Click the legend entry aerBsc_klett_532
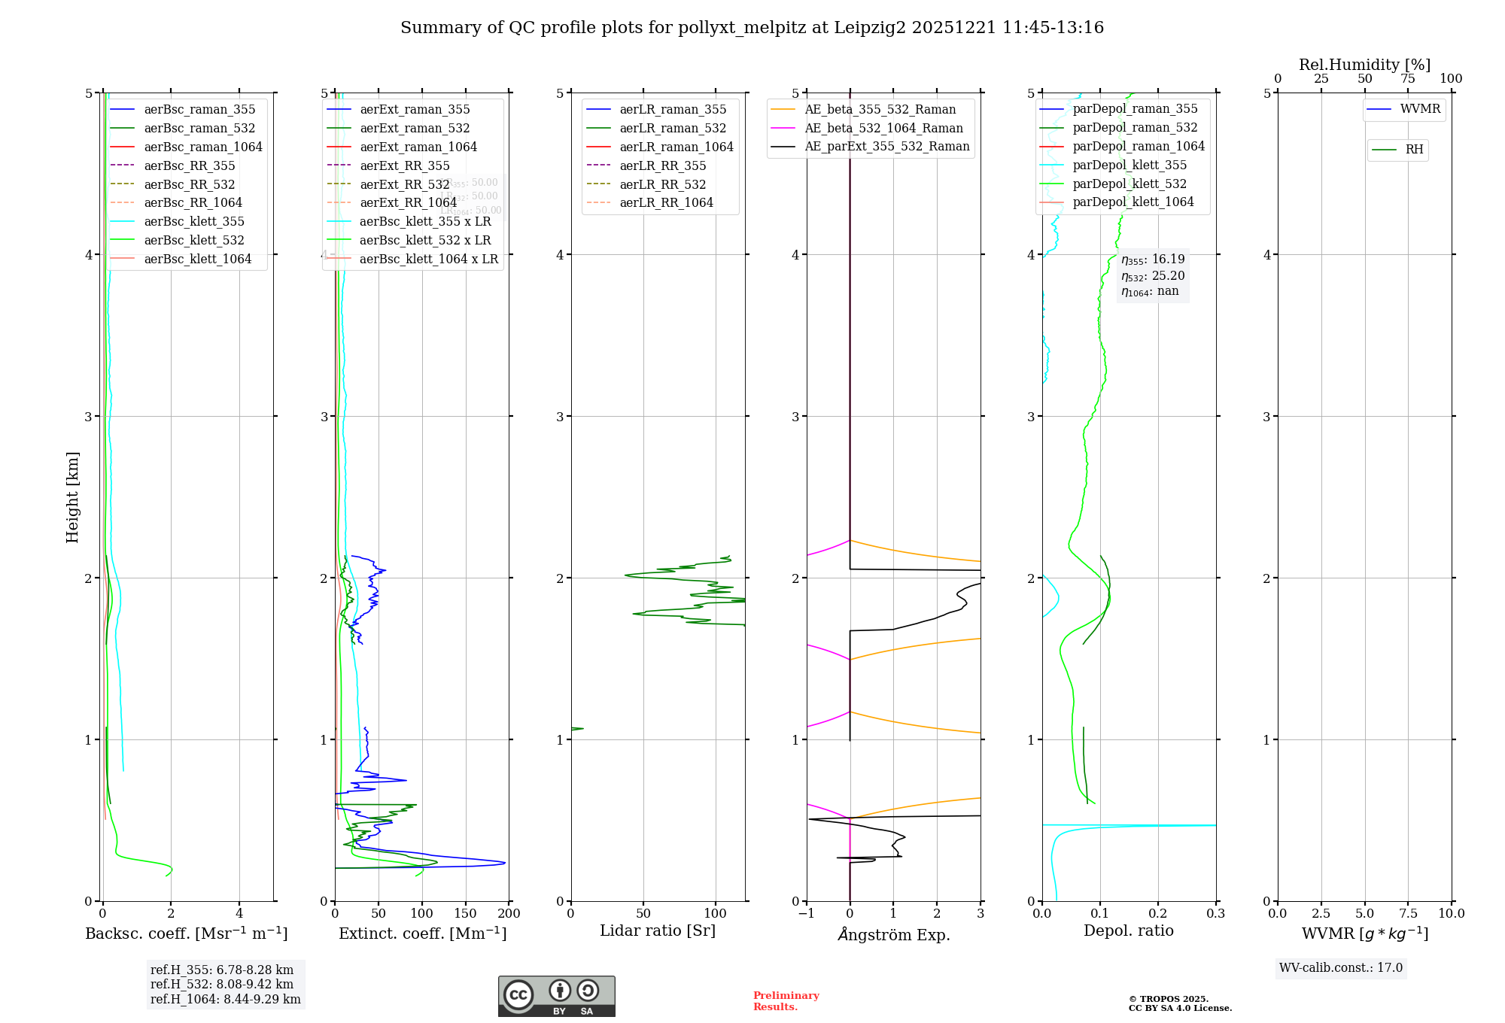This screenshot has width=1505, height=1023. [x=194, y=241]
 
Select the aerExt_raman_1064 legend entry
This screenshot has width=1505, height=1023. [x=418, y=147]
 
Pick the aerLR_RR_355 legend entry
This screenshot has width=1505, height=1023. [x=662, y=166]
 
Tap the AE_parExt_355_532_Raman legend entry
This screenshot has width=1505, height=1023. [x=886, y=147]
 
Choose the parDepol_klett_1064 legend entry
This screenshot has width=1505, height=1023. [x=1133, y=202]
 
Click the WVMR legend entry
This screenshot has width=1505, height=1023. [x=1420, y=109]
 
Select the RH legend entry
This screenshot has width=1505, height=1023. [x=1414, y=150]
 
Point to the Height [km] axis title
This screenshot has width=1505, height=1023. [x=72, y=497]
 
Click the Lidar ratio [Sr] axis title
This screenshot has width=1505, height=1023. [x=657, y=930]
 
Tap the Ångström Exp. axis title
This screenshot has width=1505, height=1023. [x=893, y=935]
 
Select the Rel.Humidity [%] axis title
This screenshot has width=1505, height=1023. [x=1364, y=65]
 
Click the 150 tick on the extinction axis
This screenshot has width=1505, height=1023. [x=466, y=914]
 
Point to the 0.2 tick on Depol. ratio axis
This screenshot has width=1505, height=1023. [x=1158, y=914]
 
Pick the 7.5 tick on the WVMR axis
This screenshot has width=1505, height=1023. [x=1409, y=914]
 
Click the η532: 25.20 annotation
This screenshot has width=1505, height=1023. [x=1153, y=276]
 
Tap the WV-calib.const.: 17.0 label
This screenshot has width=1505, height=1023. [x=1341, y=968]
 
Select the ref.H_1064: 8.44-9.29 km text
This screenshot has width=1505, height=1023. [x=225, y=1000]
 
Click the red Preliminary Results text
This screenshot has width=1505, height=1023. [x=786, y=1001]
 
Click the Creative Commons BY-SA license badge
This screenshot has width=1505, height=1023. [x=556, y=997]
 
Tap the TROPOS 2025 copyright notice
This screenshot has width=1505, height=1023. [x=1179, y=1003]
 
